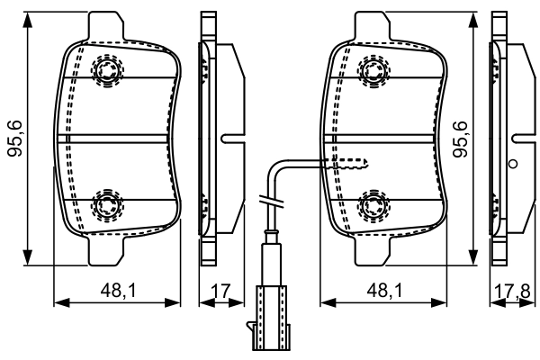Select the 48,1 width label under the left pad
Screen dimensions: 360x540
tap(117, 290)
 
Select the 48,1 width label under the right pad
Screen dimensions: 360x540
tap(384, 290)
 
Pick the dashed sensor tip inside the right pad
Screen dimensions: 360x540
tap(351, 163)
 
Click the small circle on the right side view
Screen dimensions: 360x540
tap(513, 165)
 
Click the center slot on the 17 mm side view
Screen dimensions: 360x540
tap(230, 139)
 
